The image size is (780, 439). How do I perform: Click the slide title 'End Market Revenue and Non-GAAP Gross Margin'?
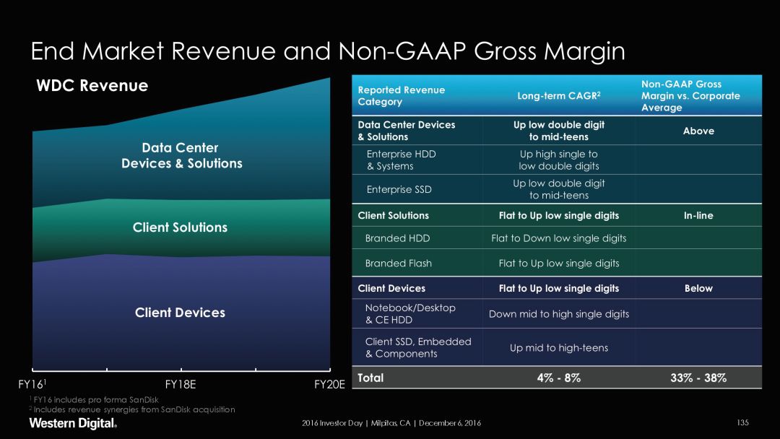[x=327, y=51]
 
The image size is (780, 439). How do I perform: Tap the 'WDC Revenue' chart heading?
[x=92, y=86]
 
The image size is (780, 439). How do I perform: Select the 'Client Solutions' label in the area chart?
[x=180, y=227]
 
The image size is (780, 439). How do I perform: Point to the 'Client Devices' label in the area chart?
[x=180, y=313]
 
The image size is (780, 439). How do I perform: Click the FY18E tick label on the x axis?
[x=181, y=385]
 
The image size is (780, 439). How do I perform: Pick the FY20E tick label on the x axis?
[x=330, y=385]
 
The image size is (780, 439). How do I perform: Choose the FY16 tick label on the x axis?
[x=32, y=385]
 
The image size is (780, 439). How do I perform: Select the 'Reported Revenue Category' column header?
[x=402, y=96]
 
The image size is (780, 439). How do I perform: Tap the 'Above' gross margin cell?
[x=698, y=131]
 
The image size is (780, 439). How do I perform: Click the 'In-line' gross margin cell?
[x=698, y=215]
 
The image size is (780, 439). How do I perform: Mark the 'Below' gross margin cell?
[x=698, y=288]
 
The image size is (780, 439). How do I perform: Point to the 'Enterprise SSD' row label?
[x=399, y=189]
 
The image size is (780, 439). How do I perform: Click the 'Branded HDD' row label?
[x=398, y=238]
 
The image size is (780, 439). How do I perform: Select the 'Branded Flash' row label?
[x=398, y=264]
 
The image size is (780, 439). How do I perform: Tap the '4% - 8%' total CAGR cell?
[x=558, y=378]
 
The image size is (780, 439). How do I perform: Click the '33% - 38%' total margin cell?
[x=698, y=378]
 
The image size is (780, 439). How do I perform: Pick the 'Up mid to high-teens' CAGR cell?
[x=558, y=348]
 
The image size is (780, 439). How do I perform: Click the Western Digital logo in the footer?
[x=72, y=423]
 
